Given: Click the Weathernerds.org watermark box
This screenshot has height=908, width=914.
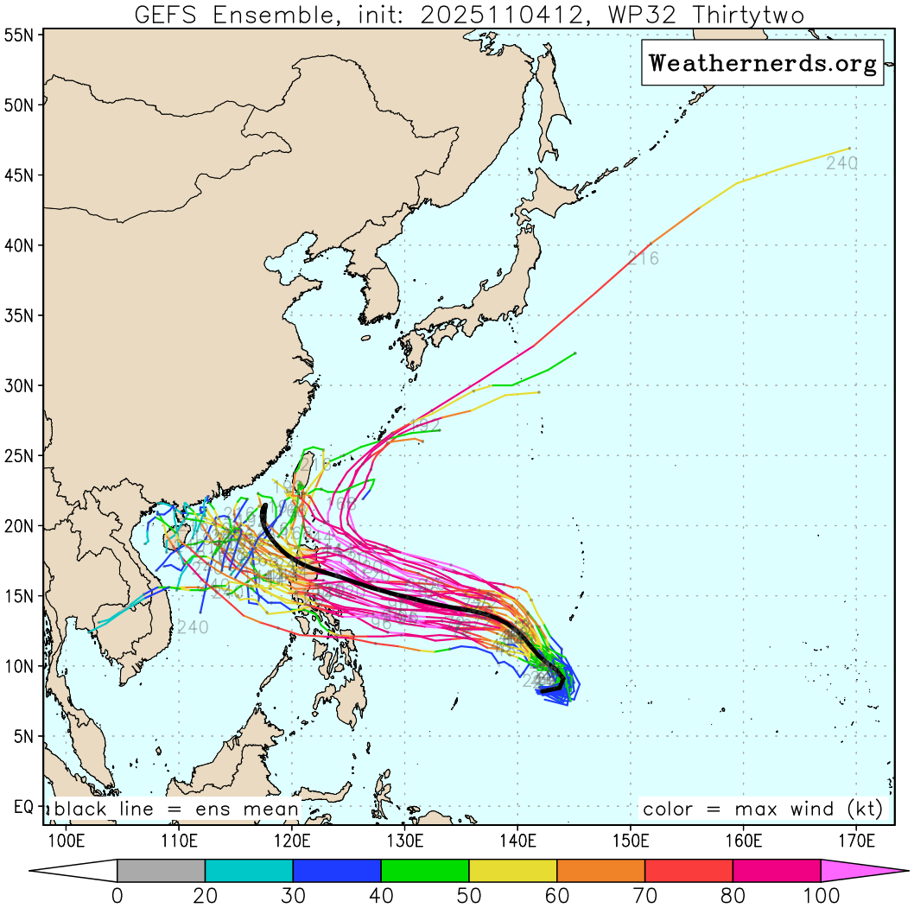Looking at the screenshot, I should pyautogui.click(x=762, y=62).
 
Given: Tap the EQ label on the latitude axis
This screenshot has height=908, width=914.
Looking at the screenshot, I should pyautogui.click(x=23, y=807).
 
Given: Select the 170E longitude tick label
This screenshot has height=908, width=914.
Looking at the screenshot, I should pyautogui.click(x=855, y=840).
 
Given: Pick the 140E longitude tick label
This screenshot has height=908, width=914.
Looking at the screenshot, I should pyautogui.click(x=517, y=840).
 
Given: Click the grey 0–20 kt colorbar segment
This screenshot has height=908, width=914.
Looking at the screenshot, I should pyautogui.click(x=161, y=870).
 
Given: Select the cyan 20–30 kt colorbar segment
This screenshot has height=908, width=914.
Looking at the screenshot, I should pyautogui.click(x=249, y=870).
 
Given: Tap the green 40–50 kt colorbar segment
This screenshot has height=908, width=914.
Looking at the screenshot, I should pyautogui.click(x=425, y=870).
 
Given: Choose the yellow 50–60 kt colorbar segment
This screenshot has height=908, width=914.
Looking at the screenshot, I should pyautogui.click(x=513, y=870).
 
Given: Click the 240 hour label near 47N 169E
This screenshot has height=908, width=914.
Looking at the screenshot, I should pyautogui.click(x=841, y=163).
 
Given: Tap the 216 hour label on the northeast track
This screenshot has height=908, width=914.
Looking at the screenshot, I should pyautogui.click(x=643, y=257).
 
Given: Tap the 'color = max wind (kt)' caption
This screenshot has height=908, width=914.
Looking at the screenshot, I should pyautogui.click(x=762, y=810).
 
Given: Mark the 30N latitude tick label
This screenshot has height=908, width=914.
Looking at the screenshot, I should pyautogui.click(x=20, y=385).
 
